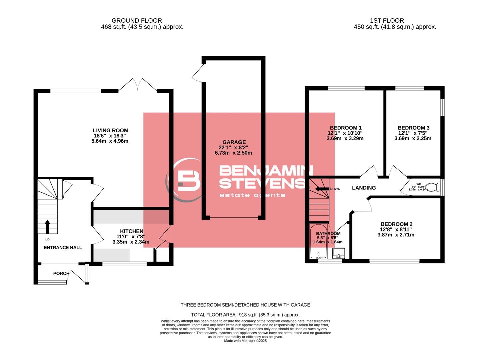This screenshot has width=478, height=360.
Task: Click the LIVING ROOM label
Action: pyautogui.click(x=110, y=130)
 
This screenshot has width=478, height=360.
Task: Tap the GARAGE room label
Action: pyautogui.click(x=234, y=142)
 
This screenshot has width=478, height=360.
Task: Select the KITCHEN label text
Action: pyautogui.click(x=131, y=231)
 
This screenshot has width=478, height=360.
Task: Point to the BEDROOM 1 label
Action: pyautogui.click(x=345, y=128)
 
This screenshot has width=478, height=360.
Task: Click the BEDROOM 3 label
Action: pyautogui.click(x=413, y=128)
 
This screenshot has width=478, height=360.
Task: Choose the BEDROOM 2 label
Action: pyautogui.click(x=396, y=224)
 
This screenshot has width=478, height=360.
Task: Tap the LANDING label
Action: pyautogui.click(x=364, y=188)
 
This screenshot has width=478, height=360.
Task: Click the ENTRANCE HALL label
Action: pyautogui.click(x=63, y=247)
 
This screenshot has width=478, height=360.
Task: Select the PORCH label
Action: pyautogui.click(x=61, y=273)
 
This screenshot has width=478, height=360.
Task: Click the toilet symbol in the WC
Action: pyautogui.click(x=433, y=187)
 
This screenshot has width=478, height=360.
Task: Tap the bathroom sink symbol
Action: pyautogui.click(x=338, y=253)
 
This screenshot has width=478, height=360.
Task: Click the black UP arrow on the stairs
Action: pyautogui.click(x=47, y=226)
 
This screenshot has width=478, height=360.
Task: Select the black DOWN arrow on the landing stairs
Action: pyautogui.click(x=322, y=189)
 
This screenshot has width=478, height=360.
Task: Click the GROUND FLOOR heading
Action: pyautogui.click(x=137, y=21)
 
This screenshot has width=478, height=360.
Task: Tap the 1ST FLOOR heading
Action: pyautogui.click(x=387, y=21)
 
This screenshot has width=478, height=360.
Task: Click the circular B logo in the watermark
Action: pyautogui.click(x=185, y=180)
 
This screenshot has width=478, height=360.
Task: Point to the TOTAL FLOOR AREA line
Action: pyautogui.click(x=245, y=315)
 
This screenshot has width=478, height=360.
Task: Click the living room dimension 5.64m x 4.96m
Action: pyautogui.click(x=110, y=141)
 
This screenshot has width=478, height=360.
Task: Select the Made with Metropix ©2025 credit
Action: pyautogui.click(x=245, y=341)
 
